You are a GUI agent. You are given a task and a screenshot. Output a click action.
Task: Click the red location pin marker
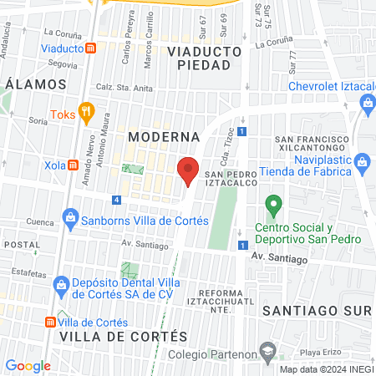click(188, 170)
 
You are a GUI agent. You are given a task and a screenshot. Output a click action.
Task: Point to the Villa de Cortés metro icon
click(50, 323)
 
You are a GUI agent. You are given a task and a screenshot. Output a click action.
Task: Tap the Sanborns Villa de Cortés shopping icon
click(71, 221)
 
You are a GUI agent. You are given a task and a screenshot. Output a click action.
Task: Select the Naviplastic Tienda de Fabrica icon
click(362, 160)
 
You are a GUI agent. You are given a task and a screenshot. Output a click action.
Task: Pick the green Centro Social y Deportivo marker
click(272, 204)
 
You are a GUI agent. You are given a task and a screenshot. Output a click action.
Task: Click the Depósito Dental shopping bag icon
click(60, 286)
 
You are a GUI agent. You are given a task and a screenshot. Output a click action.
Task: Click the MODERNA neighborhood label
click(164, 135)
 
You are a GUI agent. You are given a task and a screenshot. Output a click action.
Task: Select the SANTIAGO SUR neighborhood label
click(315, 310)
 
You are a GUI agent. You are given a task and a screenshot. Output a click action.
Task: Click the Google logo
click(28, 365)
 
